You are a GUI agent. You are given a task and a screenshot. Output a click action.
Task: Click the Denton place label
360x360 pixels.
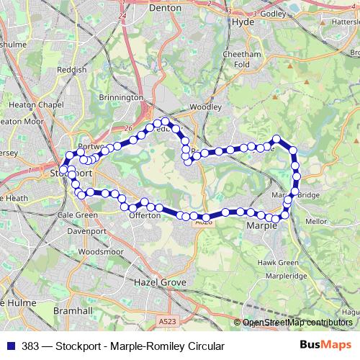164,7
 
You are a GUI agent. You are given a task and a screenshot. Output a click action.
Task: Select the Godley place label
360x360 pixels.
273,13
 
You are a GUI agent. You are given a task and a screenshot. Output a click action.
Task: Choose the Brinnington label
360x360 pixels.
121,97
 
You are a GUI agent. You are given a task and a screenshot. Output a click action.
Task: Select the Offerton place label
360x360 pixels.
143,215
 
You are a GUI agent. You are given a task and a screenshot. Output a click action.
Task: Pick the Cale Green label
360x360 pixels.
77,215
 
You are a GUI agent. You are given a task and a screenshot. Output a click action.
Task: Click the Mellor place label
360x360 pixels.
316,222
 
